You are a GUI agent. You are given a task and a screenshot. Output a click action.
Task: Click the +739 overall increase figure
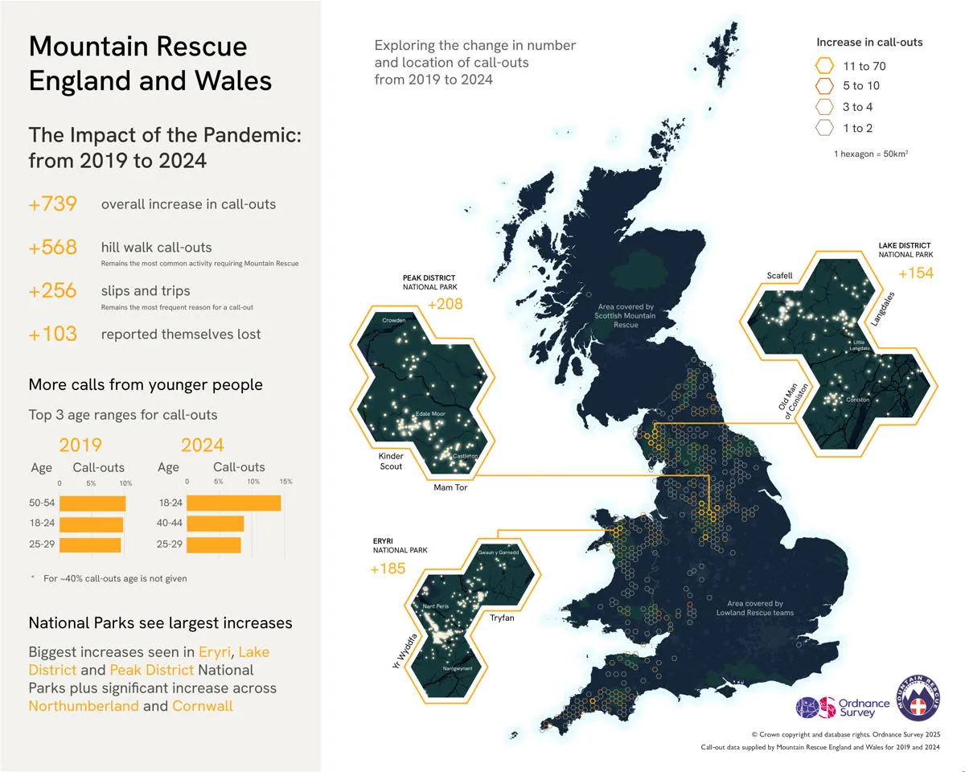(53, 204)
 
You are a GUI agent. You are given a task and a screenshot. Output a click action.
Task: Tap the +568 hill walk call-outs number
(53, 248)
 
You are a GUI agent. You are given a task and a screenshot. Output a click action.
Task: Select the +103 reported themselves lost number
(53, 335)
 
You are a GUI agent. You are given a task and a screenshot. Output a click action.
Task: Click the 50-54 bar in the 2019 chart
(92, 503)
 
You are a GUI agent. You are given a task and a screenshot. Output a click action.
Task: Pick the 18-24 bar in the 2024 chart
(234, 503)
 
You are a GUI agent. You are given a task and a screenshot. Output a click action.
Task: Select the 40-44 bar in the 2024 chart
(216, 524)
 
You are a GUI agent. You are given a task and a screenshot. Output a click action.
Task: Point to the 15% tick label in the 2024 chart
(285, 481)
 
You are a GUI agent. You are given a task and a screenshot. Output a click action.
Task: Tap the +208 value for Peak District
(446, 305)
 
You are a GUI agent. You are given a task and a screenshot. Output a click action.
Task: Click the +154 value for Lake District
(915, 274)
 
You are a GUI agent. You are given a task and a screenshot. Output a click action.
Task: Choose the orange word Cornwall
(203, 706)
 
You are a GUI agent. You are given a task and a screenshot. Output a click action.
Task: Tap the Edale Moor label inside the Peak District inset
(429, 414)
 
